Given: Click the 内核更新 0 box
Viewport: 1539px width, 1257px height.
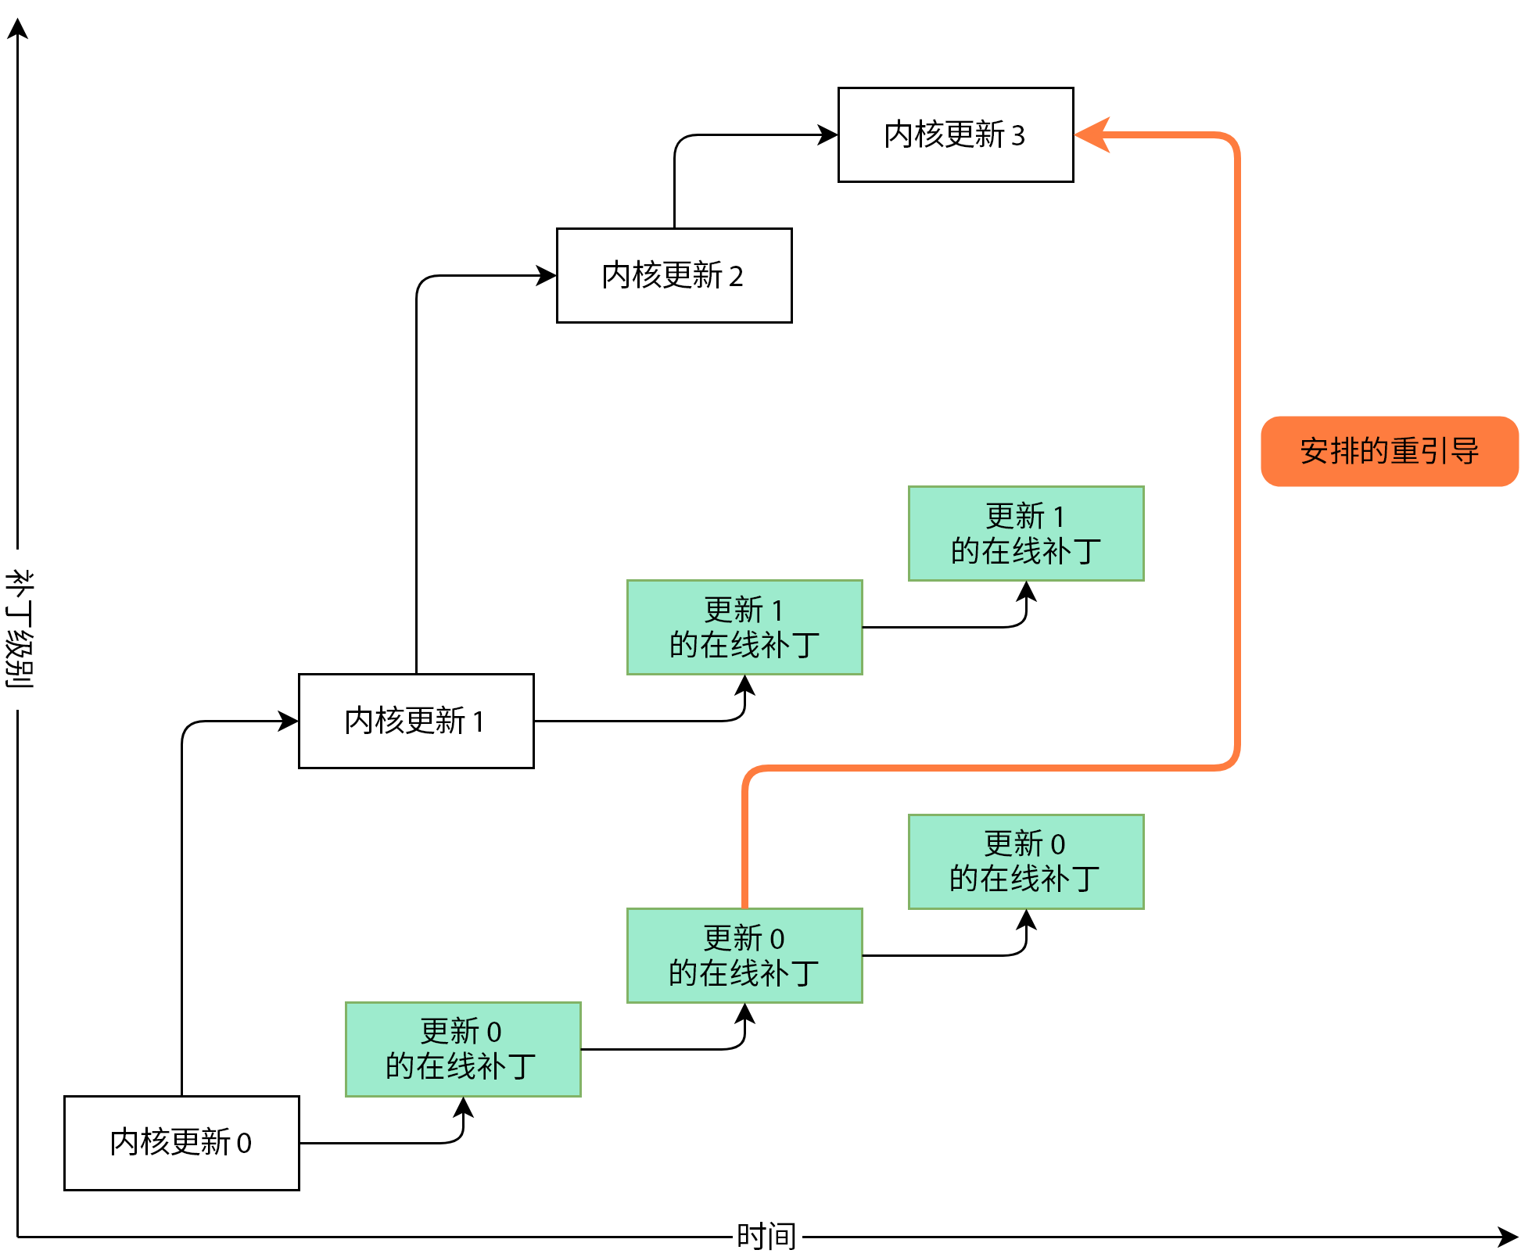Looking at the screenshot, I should coord(181,1143).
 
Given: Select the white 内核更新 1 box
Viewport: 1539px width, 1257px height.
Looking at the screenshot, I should coord(416,721).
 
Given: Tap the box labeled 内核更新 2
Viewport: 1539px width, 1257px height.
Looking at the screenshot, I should coord(674,275).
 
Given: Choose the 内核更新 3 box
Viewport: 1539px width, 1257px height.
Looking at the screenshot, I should coord(956,134).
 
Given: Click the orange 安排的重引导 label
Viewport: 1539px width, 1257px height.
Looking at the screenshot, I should coord(1389,451).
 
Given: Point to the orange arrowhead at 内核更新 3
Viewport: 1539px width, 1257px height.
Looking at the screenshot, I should coord(1092,134).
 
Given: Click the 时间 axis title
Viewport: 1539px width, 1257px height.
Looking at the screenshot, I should coord(766,1236).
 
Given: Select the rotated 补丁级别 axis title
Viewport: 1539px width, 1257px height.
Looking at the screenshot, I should coord(20,629).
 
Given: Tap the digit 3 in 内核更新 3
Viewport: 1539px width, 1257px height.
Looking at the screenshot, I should coord(1017,136).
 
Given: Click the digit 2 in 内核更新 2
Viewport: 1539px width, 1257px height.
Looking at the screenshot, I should coord(736,277).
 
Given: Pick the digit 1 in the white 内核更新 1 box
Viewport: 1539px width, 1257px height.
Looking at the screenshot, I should coord(478,722).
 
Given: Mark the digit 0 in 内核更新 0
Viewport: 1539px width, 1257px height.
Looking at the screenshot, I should coord(244,1144).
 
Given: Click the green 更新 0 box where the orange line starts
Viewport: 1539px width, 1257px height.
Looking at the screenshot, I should coord(744,955).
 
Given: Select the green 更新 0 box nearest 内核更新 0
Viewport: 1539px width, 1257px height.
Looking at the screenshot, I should coord(463,1049).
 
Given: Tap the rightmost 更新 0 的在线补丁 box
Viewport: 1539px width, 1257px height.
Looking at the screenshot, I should coord(1026,861).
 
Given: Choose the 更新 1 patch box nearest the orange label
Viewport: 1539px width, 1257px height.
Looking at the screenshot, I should coord(1026,533).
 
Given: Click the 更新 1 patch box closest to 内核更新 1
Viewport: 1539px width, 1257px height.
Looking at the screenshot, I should coord(744,627).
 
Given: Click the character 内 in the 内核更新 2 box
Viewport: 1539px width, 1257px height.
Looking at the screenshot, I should coord(616,275).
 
